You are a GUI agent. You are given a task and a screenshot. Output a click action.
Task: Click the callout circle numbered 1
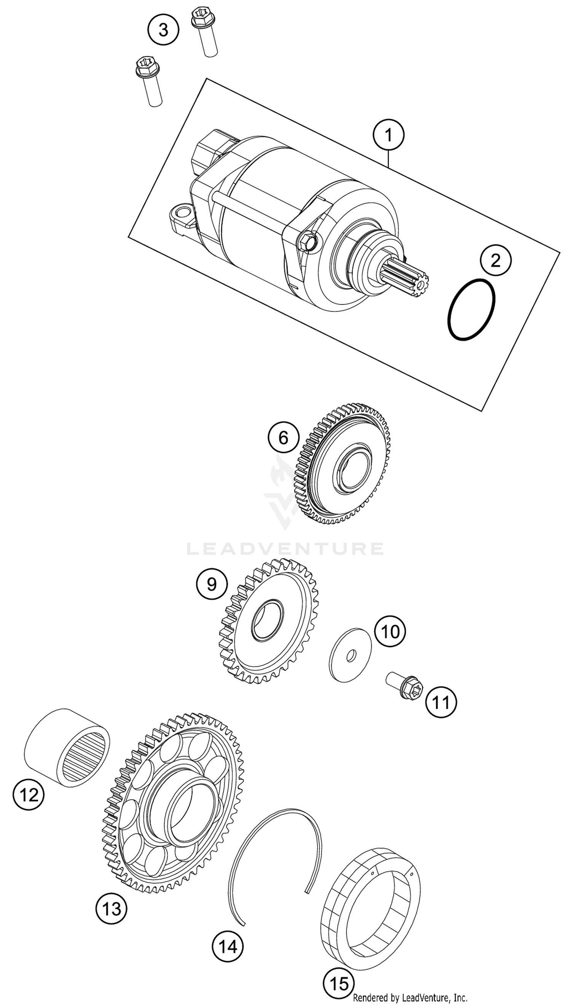[388, 135]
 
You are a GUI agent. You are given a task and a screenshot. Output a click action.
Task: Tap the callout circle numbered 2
[496, 261]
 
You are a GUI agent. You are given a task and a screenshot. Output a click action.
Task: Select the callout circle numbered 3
[163, 30]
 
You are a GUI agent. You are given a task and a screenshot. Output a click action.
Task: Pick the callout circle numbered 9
[212, 585]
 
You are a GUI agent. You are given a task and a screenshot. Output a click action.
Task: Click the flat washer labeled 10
[350, 654]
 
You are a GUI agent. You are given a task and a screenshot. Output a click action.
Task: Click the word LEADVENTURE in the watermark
[285, 549]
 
